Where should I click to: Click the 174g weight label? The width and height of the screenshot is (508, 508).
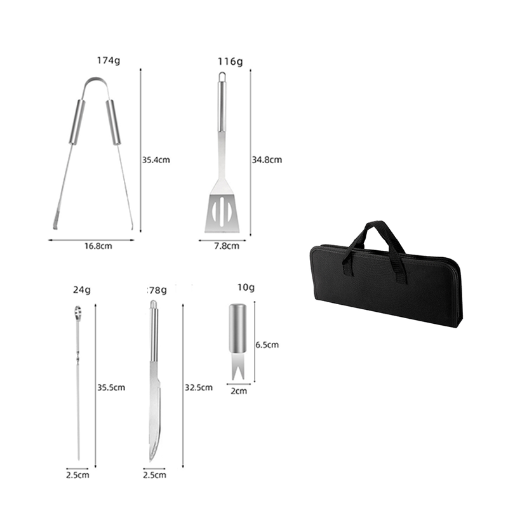click(x=109, y=61)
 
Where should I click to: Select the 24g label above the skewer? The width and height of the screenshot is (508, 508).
click(x=81, y=290)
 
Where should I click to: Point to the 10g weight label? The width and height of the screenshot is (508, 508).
click(x=245, y=287)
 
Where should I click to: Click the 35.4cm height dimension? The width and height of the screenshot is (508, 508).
click(x=156, y=159)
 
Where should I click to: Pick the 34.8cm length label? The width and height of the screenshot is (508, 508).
click(x=267, y=159)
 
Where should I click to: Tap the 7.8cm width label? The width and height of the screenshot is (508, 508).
click(x=227, y=246)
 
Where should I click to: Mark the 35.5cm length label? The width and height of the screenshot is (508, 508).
click(x=111, y=387)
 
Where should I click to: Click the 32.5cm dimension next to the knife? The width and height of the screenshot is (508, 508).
click(x=197, y=387)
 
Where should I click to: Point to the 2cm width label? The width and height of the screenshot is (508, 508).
click(x=239, y=391)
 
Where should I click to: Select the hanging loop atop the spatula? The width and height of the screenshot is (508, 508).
click(x=222, y=76)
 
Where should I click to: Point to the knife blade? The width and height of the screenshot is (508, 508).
click(x=154, y=413)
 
